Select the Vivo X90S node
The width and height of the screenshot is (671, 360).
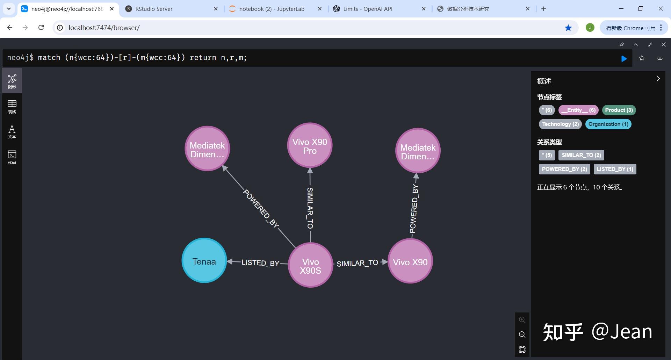coord(310,265)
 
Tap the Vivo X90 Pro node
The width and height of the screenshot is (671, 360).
coord(310,145)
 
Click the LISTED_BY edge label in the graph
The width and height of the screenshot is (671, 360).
coord(260,263)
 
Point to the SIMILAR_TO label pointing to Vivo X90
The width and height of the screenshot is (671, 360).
coord(357,263)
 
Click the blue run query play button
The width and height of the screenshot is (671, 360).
coord(624,59)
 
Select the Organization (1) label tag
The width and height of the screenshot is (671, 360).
coord(608,124)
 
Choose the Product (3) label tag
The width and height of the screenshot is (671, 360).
coord(619,110)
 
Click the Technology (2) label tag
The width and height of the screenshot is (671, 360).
coord(560,124)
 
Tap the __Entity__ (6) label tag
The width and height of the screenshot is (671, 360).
coord(578,110)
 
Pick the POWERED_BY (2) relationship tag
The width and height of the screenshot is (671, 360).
coord(564,169)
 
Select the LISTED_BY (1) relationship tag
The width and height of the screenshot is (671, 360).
coord(615,169)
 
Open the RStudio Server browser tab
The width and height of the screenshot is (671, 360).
coord(154,9)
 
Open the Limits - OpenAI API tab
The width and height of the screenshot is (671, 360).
coord(368,9)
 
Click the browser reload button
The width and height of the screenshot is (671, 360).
coord(41,28)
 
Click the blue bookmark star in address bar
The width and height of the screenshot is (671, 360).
coord(568,28)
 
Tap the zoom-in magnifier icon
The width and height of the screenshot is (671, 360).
coord(522,320)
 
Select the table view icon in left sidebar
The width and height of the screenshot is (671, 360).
coord(12,106)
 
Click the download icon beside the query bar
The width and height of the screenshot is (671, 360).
coord(660,58)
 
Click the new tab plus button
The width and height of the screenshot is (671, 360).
coord(543,9)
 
